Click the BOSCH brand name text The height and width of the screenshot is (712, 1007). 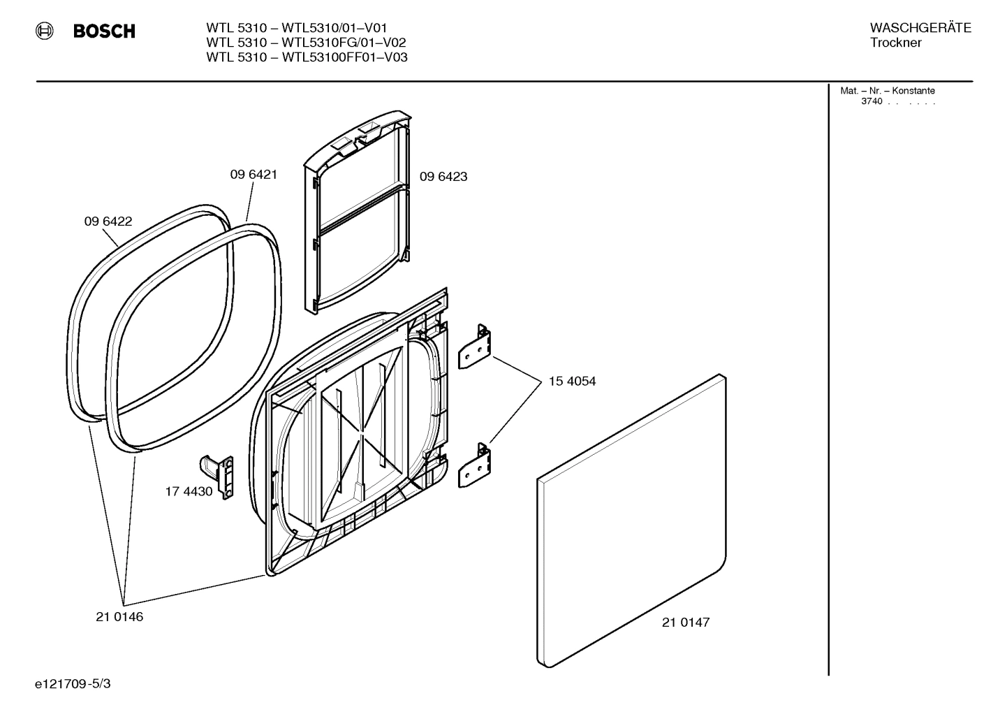(x=104, y=31)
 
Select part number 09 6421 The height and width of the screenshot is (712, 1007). (x=253, y=175)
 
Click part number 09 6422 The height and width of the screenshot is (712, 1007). (x=108, y=221)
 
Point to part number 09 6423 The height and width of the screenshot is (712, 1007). (x=443, y=177)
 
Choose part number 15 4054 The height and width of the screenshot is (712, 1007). (x=572, y=382)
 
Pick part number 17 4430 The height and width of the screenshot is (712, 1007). (x=189, y=492)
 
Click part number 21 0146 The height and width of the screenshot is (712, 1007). (x=119, y=617)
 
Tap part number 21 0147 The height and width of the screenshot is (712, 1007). (x=686, y=623)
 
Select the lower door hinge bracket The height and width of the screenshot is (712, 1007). (x=475, y=465)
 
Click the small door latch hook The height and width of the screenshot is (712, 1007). (x=217, y=474)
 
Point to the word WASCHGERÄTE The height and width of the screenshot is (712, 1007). (x=920, y=28)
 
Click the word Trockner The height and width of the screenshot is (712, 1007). (x=895, y=43)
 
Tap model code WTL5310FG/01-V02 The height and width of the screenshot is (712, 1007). (x=344, y=43)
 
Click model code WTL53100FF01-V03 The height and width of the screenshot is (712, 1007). (x=344, y=57)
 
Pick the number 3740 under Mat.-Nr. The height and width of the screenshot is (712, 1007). (x=872, y=101)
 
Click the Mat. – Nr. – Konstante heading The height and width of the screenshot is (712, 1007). (x=888, y=91)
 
